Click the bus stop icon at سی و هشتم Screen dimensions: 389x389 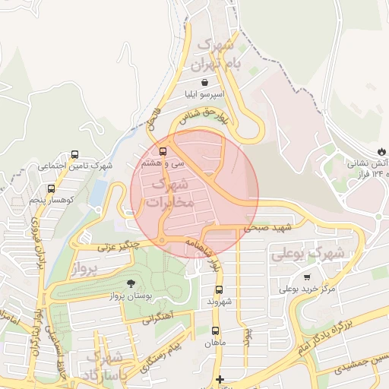(163, 150)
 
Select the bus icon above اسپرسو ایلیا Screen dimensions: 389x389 (205, 82)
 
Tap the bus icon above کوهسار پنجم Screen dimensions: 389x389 (51, 188)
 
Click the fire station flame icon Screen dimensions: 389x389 (381, 151)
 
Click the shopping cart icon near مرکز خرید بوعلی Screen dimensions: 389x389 (307, 277)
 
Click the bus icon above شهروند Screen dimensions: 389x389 (219, 289)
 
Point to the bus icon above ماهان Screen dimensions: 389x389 (216, 330)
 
